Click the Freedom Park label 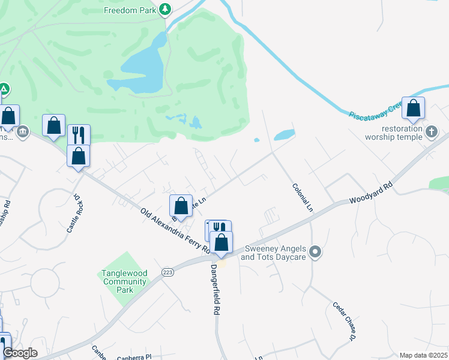pyautogui.click(x=130, y=10)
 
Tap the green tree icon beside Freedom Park pyautogui.click(x=165, y=10)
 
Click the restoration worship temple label pyautogui.click(x=394, y=133)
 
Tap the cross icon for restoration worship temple pyautogui.click(x=431, y=131)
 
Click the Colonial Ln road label pyautogui.click(x=303, y=196)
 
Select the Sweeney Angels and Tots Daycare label pyautogui.click(x=273, y=253)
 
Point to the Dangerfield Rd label pyautogui.click(x=215, y=290)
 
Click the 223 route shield pyautogui.click(x=167, y=272)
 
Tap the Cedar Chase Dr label pyautogui.click(x=345, y=320)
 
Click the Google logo pyautogui.click(x=20, y=353)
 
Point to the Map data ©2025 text pyautogui.click(x=423, y=355)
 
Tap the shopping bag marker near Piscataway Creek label pyautogui.click(x=413, y=109)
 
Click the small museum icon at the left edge pyautogui.click(x=23, y=131)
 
